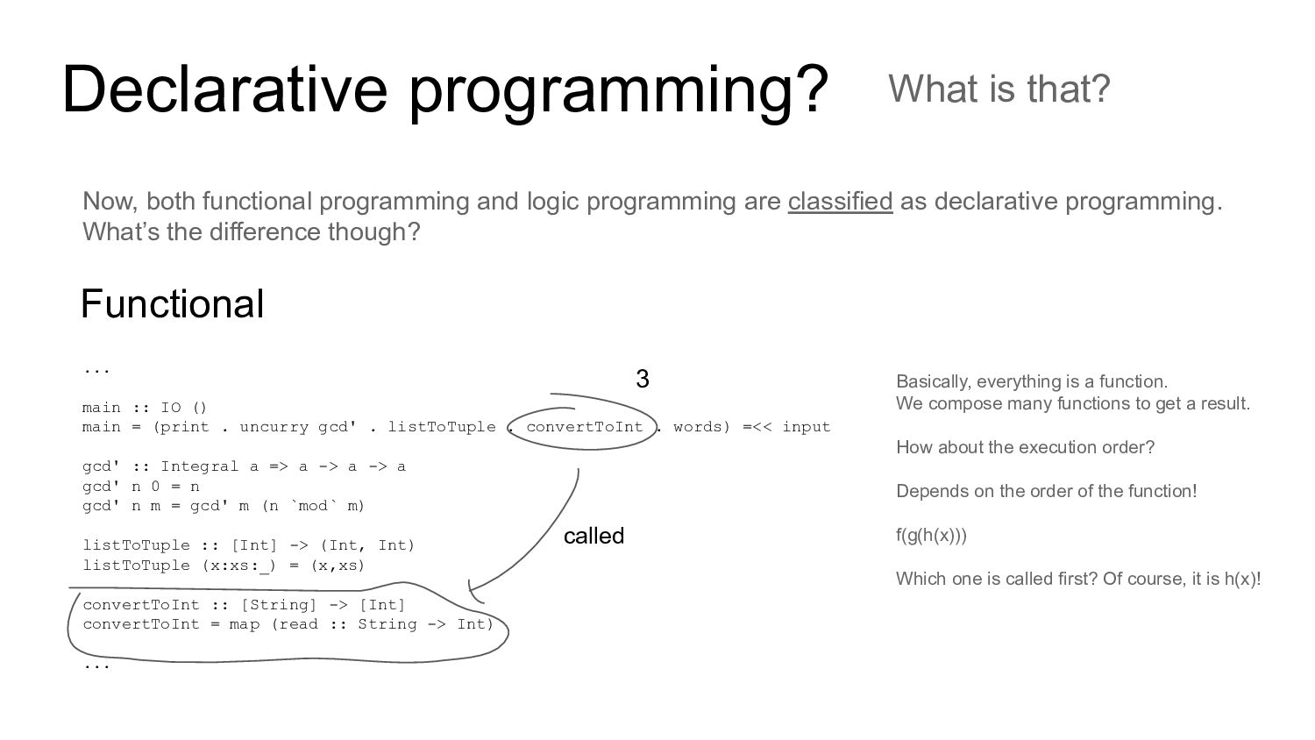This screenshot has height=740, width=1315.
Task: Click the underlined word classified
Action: [840, 202]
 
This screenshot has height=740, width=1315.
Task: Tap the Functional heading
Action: [172, 303]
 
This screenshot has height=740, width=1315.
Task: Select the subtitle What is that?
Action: [999, 89]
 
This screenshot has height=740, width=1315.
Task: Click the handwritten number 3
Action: [643, 379]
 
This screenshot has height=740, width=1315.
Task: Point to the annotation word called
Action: [594, 536]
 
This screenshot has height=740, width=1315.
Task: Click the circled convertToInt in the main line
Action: [584, 427]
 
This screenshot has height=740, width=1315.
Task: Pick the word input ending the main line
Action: [806, 427]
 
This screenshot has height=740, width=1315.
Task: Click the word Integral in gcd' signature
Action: [200, 466]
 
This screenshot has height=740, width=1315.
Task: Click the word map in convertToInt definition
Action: [245, 624]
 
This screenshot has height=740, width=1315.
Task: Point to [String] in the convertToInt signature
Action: [279, 604]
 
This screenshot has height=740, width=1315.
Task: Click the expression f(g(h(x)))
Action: [931, 535]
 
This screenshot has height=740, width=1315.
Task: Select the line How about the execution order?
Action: [1025, 447]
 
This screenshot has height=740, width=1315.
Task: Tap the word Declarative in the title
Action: [224, 89]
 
